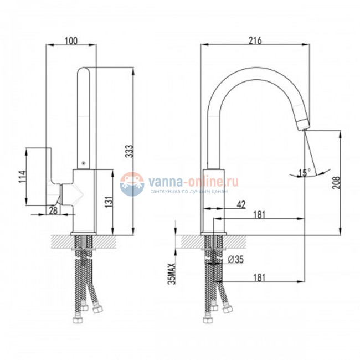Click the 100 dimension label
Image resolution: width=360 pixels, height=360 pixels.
[x=71, y=40]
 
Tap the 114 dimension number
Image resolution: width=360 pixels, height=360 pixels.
[x=23, y=177]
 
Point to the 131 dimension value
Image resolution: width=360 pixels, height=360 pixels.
[x=109, y=202]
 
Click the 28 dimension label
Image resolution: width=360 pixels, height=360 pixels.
[x=53, y=210]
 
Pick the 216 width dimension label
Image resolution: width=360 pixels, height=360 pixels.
[x=255, y=40]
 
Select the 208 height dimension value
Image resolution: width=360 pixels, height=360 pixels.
[x=336, y=183]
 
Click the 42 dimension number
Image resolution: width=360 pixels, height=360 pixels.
[x=241, y=204]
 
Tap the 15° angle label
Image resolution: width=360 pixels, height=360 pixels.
[x=305, y=172]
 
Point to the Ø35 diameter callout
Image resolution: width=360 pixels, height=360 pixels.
[x=235, y=260]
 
